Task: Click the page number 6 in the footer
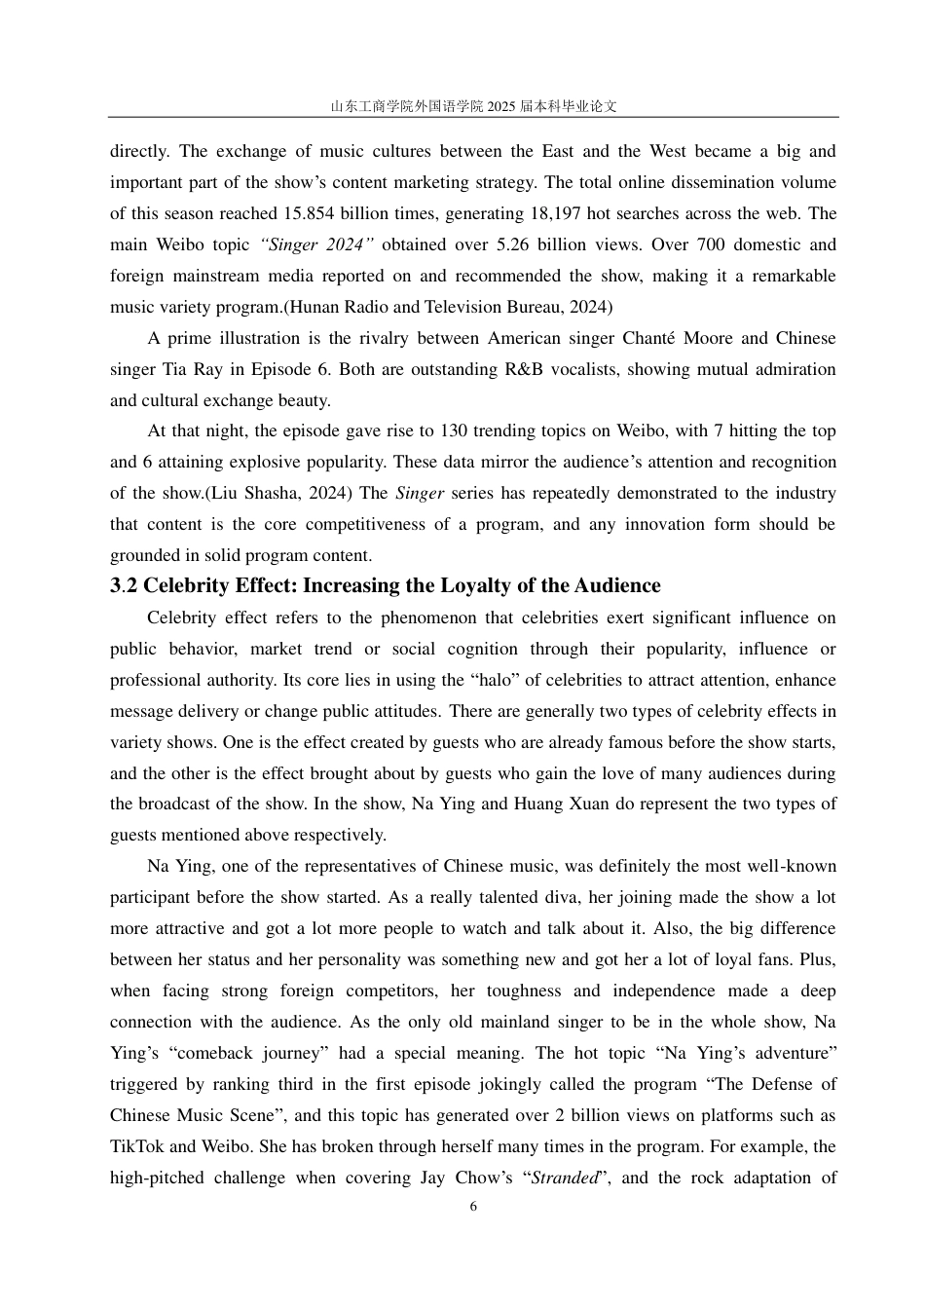(x=473, y=1207)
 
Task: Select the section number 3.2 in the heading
(x=124, y=585)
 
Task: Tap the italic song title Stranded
(x=564, y=1178)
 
